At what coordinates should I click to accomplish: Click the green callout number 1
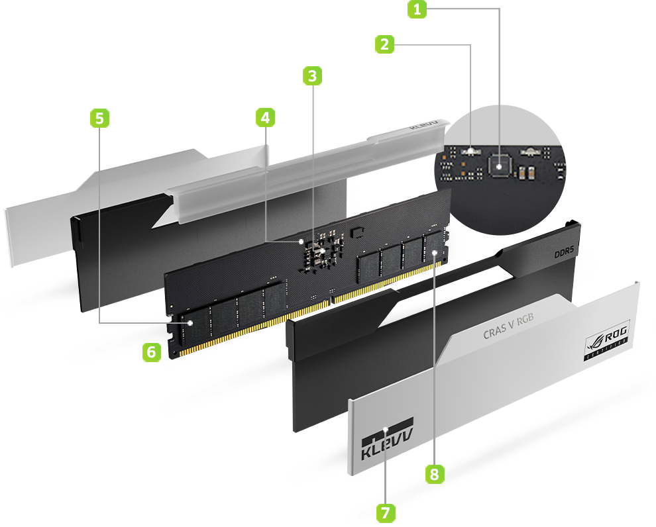pyautogui.click(x=417, y=10)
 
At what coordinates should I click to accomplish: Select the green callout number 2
pyautogui.click(x=384, y=44)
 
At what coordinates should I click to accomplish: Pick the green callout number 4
pyautogui.click(x=265, y=118)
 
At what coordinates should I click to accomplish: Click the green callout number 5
pyautogui.click(x=99, y=119)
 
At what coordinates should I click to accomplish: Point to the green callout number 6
pyautogui.click(x=151, y=352)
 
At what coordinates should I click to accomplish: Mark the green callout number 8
pyautogui.click(x=434, y=473)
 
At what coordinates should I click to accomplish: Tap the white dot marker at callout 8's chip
pyautogui.click(x=434, y=252)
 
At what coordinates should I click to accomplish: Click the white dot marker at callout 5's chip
pyautogui.click(x=191, y=322)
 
